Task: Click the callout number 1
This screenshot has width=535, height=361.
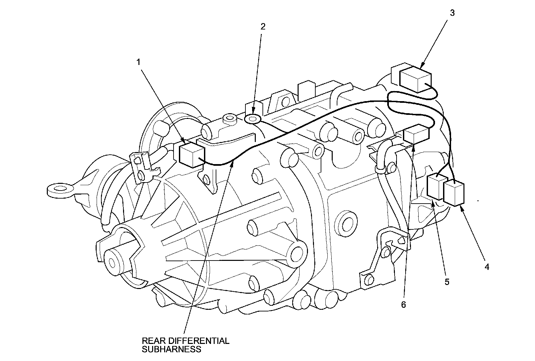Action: [x=138, y=62]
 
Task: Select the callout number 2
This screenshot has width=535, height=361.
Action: [x=263, y=26]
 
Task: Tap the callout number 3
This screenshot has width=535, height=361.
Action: [x=452, y=13]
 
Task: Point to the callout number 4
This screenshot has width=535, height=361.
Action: [x=487, y=267]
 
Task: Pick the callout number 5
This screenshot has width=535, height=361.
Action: [x=447, y=282]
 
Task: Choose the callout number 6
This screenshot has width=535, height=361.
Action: [x=403, y=305]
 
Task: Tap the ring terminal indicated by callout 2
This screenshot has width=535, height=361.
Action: [x=253, y=119]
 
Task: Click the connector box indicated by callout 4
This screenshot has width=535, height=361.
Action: [x=454, y=194]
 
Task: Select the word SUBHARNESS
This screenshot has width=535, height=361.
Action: [x=172, y=349]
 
